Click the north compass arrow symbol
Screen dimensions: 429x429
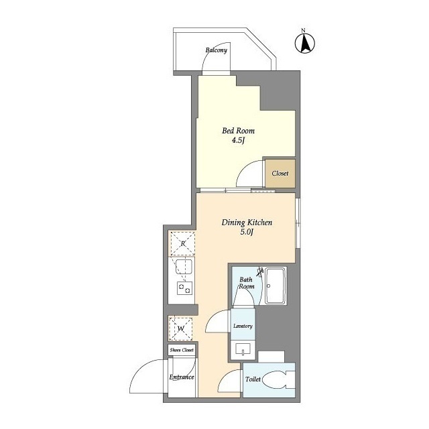305,43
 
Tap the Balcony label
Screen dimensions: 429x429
216,50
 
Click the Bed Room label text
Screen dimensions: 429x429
238,131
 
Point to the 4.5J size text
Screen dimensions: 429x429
238,140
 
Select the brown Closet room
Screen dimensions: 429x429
280,174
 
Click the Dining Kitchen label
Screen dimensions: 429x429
247,222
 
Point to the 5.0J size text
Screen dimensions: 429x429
247,232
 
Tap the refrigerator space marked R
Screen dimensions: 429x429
183,243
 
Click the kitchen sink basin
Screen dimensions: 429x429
184,267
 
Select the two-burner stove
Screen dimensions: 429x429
184,288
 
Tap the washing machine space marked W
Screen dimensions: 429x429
180,328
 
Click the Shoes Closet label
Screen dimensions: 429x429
182,350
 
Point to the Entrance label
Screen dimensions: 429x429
182,377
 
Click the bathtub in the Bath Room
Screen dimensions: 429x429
275,286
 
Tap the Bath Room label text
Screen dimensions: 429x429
247,283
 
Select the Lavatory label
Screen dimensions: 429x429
243,326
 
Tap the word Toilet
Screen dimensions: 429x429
253,379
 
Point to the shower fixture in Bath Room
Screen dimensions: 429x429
260,271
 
